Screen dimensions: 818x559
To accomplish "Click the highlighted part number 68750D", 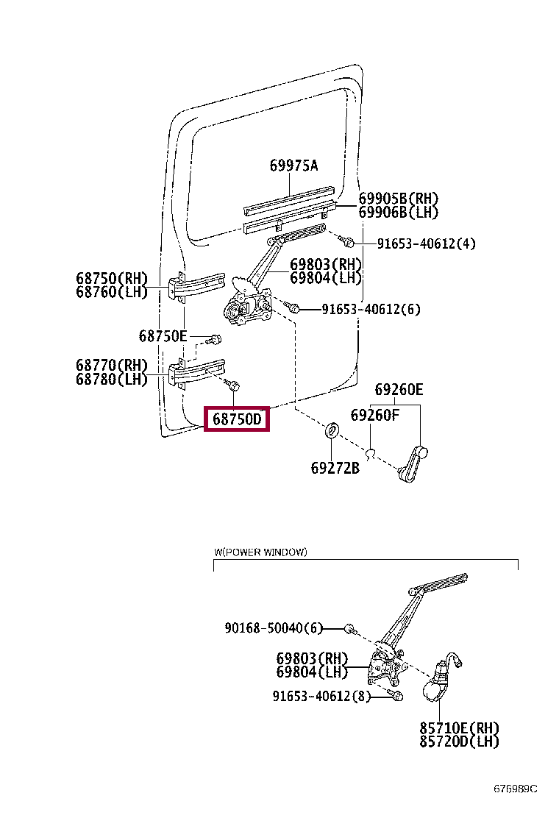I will pyautogui.click(x=237, y=419).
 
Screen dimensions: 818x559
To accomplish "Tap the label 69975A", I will pyautogui.click(x=293, y=166).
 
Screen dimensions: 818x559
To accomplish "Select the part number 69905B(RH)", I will pyautogui.click(x=398, y=199).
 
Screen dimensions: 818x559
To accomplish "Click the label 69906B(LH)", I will pyautogui.click(x=398, y=213).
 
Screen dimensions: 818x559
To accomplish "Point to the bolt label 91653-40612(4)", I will pyautogui.click(x=426, y=243).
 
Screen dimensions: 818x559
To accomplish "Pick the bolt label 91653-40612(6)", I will pyautogui.click(x=371, y=310).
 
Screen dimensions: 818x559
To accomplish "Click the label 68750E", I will pyautogui.click(x=163, y=336).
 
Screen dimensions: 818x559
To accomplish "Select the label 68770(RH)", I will pyautogui.click(x=111, y=366).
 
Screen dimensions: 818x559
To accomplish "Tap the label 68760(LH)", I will pyautogui.click(x=111, y=292).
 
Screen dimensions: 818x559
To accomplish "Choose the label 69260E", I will pyautogui.click(x=399, y=390).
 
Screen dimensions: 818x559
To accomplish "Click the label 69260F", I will pyautogui.click(x=374, y=416).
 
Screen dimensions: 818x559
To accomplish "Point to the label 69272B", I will pyautogui.click(x=335, y=467).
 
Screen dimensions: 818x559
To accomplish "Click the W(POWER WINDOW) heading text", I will pyautogui.click(x=260, y=552).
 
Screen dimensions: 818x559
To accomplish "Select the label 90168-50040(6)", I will pyautogui.click(x=274, y=628).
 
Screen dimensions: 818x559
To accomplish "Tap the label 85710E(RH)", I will pyautogui.click(x=460, y=728).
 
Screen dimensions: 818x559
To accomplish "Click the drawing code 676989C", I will pyautogui.click(x=515, y=789).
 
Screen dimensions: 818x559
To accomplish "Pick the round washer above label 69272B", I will pyautogui.click(x=332, y=430).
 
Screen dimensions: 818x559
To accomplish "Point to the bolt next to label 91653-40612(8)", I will pyautogui.click(x=394, y=695).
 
